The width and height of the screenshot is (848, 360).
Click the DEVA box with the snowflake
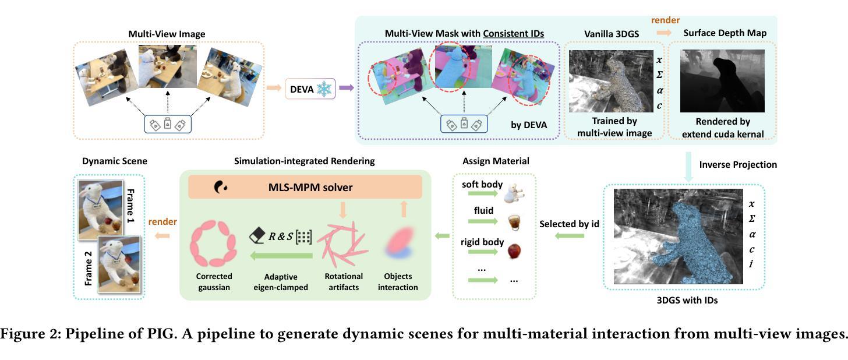point(310,89)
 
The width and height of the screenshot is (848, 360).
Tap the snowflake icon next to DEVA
point(324,89)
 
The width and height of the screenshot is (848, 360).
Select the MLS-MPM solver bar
point(305,187)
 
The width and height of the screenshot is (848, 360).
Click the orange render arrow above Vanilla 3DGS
point(664,33)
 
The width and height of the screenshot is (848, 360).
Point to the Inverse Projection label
point(738,165)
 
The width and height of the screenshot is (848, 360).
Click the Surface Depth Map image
point(722,81)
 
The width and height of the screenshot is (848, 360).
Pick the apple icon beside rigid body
point(514,250)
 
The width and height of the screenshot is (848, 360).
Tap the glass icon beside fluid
point(514,222)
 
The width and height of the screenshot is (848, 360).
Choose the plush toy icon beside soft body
point(514,193)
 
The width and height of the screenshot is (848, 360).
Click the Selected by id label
point(569,224)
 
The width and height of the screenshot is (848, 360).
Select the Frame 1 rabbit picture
point(100,210)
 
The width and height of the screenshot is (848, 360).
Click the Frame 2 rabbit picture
point(119,264)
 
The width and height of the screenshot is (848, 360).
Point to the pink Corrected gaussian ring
point(214,243)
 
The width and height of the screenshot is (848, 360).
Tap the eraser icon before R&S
point(257,235)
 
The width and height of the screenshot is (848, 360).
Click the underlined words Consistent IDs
point(513,34)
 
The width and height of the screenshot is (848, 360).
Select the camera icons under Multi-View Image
point(168,124)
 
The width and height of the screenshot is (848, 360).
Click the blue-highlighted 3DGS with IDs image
point(679,237)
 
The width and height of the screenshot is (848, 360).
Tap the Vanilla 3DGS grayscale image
point(611,81)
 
